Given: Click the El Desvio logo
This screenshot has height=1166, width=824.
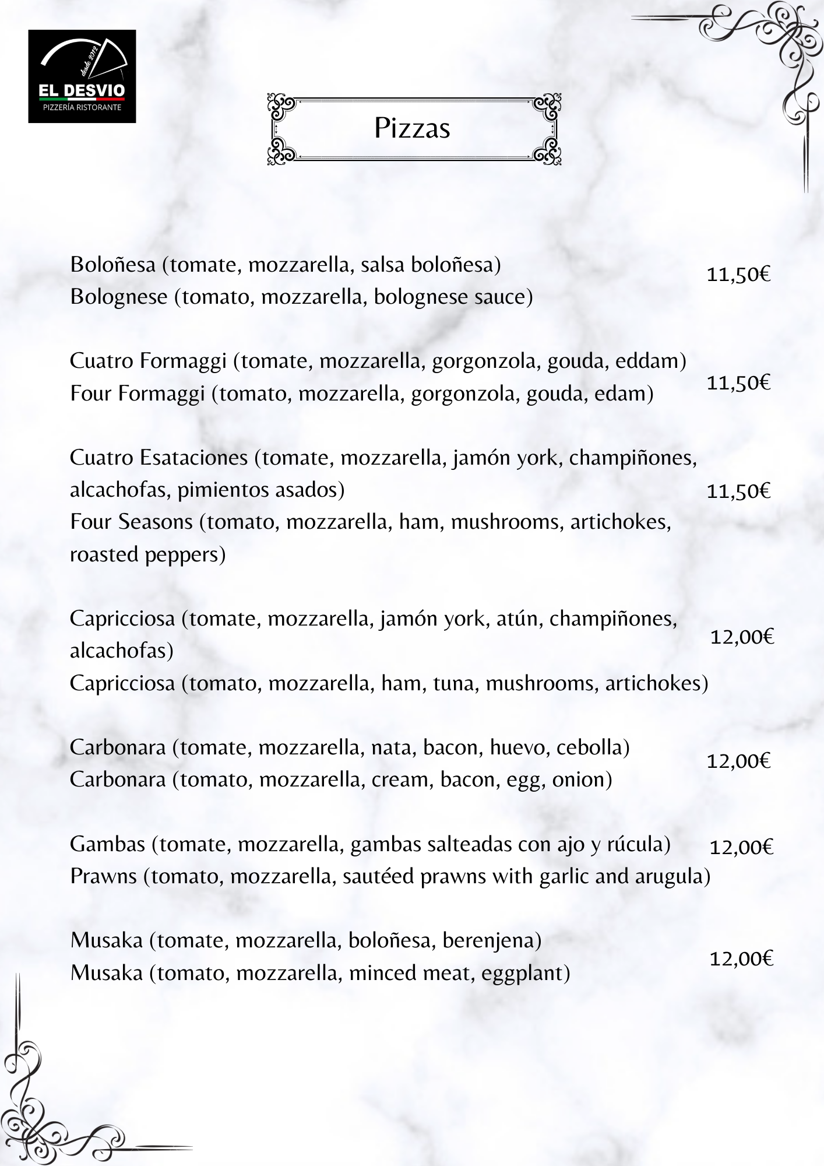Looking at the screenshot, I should [x=82, y=76].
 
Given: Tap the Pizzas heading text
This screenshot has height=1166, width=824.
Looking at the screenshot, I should [x=412, y=128].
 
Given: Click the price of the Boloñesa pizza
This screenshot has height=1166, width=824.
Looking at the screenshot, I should [x=738, y=274].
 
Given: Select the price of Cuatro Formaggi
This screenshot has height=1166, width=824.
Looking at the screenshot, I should [x=738, y=383].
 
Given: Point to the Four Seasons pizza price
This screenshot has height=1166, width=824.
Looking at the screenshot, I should [x=738, y=491].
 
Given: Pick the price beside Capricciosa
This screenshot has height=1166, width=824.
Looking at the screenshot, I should [x=741, y=637].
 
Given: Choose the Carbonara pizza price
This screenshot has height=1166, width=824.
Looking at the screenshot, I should [x=738, y=761].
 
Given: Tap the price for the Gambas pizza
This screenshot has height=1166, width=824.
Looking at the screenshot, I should [x=741, y=847].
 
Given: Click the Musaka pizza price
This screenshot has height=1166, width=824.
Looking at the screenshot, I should [x=741, y=958].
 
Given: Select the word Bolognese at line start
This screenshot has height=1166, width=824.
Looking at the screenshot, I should [x=119, y=297].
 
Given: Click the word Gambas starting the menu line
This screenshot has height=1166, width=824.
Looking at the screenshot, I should [x=107, y=844].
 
